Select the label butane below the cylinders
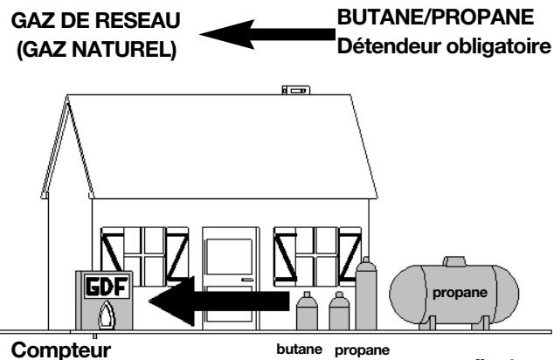293,348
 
